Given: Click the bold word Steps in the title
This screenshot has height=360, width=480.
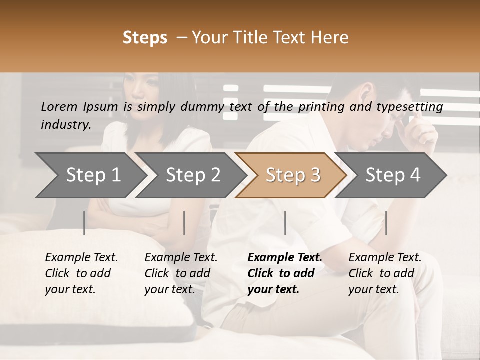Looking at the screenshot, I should click(145, 38).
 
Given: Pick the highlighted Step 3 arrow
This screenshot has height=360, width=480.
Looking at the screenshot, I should click(293, 175).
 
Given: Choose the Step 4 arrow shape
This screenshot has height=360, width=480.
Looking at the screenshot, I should click(393, 175).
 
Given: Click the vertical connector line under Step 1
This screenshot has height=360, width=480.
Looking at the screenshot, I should click(84, 223).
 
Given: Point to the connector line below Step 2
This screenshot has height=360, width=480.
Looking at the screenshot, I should click(184, 223).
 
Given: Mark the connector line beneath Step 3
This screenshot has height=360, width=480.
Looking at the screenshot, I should click(285, 223).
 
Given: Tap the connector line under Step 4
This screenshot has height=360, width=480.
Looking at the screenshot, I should click(386, 223).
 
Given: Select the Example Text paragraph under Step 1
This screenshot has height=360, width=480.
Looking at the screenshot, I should click(81, 273).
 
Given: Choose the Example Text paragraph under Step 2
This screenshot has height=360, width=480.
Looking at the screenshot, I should click(181, 273).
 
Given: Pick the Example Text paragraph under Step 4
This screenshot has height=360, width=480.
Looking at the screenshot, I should click(385, 273).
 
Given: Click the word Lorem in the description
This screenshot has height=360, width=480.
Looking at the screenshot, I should click(59, 106).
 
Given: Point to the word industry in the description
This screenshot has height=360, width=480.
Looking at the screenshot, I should click(66, 124).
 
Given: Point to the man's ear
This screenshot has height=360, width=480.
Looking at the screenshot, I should click(367, 93).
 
